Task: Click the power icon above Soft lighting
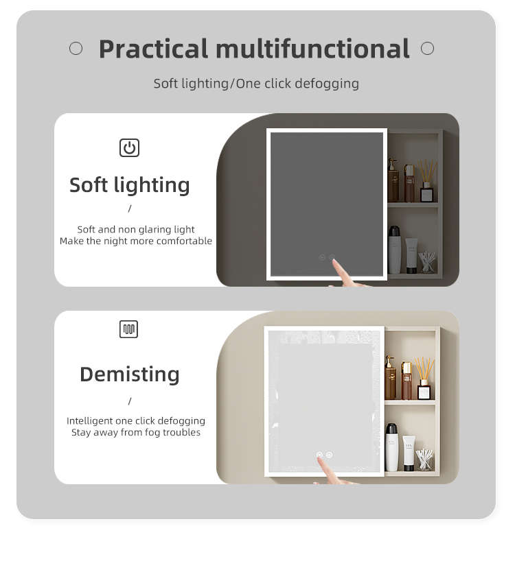click(129, 147)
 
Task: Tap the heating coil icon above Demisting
click(128, 329)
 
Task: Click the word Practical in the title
click(153, 49)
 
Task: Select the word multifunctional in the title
click(312, 48)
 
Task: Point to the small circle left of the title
click(76, 48)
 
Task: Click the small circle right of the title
click(427, 48)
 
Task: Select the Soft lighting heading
click(130, 185)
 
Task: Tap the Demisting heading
click(130, 374)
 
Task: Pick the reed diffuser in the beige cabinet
click(424, 379)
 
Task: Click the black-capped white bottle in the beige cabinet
click(391, 447)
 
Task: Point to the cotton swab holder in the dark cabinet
click(426, 263)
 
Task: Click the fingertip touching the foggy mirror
click(319, 459)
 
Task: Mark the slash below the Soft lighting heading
click(130, 208)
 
